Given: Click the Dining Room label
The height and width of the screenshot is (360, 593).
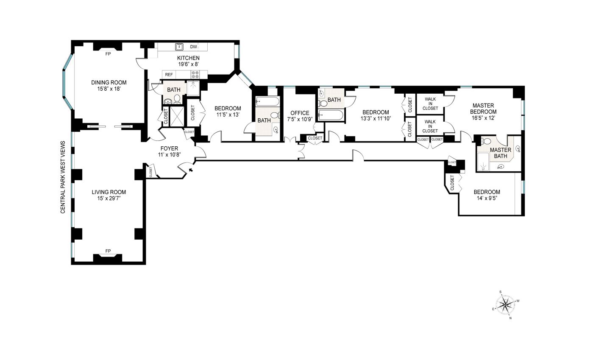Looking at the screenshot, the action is [x=109, y=82].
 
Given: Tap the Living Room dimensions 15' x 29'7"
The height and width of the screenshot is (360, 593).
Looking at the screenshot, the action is [x=109, y=198].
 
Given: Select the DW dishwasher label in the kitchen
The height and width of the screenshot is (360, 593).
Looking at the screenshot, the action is [x=194, y=47].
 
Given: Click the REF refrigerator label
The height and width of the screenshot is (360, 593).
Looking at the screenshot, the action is [x=169, y=75].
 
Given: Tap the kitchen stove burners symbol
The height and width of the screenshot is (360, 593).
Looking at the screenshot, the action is [x=195, y=75].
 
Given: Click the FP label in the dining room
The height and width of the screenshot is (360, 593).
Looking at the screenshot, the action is [x=108, y=54].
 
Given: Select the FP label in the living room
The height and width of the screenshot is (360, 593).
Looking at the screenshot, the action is [x=108, y=251].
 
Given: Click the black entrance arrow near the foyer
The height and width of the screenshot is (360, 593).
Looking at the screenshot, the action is [x=190, y=170].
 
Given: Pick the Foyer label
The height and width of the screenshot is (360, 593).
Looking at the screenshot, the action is [x=170, y=148].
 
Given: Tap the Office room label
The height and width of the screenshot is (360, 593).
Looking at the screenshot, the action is [x=300, y=113].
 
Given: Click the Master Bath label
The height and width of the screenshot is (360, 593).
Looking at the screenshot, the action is [x=501, y=153].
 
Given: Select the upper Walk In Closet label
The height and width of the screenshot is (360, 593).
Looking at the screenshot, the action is [x=430, y=103].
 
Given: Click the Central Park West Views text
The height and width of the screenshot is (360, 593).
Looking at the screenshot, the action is [x=63, y=177].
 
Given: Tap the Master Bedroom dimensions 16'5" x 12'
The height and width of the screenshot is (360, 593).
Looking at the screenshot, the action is [x=483, y=118].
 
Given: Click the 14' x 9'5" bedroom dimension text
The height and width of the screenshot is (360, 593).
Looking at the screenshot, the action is [x=487, y=198].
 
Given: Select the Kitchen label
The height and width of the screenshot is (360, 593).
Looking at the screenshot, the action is [x=188, y=58].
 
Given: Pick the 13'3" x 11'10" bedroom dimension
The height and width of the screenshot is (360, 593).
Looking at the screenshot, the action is [x=376, y=118].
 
